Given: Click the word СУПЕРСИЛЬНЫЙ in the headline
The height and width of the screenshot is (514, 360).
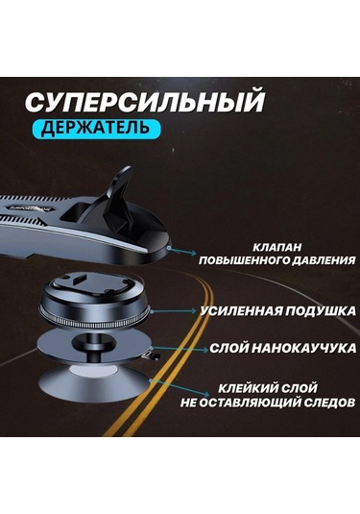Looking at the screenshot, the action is (144, 101).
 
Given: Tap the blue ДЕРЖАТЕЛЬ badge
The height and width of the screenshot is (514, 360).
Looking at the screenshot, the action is (96, 128).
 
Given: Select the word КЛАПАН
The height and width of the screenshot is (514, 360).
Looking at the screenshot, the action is (277, 247).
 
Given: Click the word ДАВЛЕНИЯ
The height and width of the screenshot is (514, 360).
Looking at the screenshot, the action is (324, 260).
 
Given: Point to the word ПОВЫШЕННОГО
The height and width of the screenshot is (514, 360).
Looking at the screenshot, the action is (244, 260).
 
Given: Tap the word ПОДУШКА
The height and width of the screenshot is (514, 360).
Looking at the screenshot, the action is (320, 311).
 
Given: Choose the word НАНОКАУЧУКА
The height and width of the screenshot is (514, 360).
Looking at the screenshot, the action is (304, 348).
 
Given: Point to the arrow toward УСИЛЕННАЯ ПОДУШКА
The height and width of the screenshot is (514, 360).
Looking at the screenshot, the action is (174, 310).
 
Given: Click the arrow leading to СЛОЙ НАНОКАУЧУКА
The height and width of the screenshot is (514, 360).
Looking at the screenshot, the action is (180, 349).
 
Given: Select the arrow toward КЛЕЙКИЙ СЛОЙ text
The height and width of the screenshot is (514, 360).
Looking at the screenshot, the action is (180, 388).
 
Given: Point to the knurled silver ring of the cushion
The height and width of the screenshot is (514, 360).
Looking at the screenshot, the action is (95, 319).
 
